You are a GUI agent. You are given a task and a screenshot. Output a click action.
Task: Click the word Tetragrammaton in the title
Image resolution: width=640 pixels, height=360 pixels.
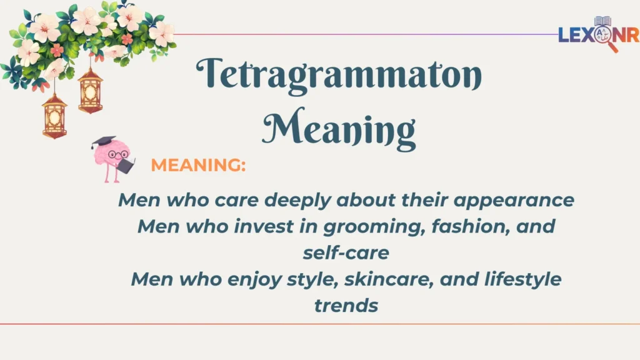(x=339, y=76)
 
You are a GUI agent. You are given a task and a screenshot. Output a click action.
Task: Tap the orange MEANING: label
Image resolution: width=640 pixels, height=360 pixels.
(x=198, y=166)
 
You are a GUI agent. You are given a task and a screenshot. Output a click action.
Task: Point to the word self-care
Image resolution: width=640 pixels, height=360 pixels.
(x=346, y=253)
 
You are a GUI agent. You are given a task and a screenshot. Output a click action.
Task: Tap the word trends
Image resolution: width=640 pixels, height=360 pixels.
(x=346, y=306)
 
